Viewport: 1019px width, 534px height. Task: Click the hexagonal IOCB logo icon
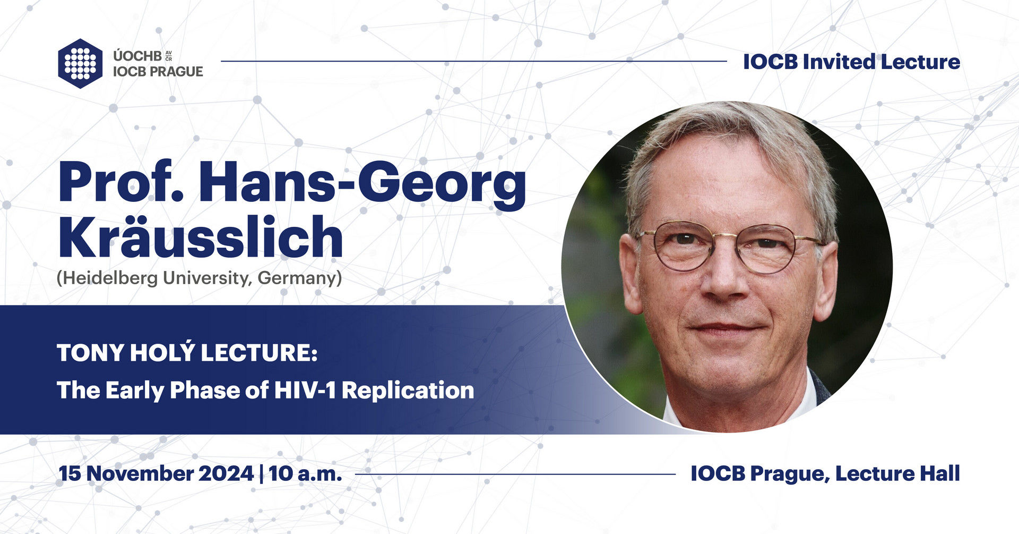(80, 63)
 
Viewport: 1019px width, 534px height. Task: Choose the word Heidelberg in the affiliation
(108, 278)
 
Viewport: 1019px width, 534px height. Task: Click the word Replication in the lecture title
(408, 391)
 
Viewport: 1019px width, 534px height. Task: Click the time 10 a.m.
(305, 473)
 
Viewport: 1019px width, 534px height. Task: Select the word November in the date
(141, 473)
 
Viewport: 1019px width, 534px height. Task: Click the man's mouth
(728, 328)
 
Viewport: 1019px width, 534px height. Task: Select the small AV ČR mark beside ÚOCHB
(169, 56)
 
